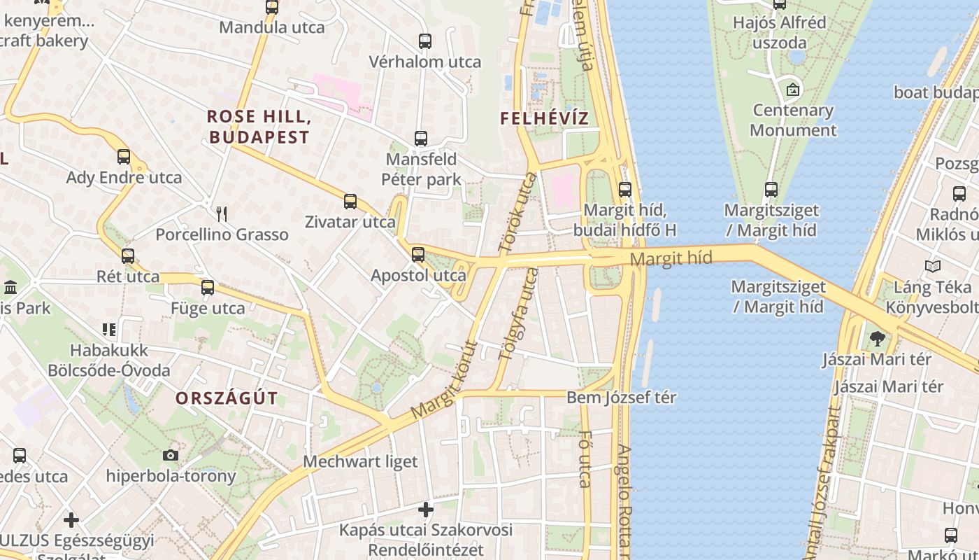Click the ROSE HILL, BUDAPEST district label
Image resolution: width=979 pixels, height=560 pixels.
coord(259,127)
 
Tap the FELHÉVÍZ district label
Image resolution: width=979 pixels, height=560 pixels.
coord(545,118)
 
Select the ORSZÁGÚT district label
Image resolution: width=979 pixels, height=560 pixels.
coord(227,398)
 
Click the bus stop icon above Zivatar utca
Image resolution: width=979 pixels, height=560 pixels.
coord(350,202)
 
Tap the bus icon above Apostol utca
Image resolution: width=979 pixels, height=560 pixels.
coord(418,255)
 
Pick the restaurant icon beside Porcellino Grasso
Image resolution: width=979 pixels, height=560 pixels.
coord(222,213)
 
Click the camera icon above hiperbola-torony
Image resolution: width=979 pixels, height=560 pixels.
coord(170,456)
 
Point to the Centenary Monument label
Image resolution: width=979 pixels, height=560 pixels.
coord(793,120)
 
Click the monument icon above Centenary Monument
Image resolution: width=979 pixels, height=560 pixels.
coord(793,90)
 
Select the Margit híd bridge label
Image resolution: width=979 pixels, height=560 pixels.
coord(671,259)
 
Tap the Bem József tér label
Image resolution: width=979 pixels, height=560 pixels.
coord(621,398)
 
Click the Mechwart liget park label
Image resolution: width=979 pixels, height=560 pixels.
coord(360,461)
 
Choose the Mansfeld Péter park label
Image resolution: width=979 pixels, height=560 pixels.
coord(421,169)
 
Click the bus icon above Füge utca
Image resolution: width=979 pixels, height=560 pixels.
coord(208,288)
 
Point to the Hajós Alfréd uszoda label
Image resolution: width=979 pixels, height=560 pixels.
coord(779,32)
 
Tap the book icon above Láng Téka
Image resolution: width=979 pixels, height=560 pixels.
coord(932,266)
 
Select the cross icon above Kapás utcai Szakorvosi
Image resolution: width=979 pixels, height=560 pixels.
coord(426,509)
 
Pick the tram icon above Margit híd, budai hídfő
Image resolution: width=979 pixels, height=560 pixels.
coord(625,189)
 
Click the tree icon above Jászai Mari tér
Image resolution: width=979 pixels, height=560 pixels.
coord(877,339)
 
